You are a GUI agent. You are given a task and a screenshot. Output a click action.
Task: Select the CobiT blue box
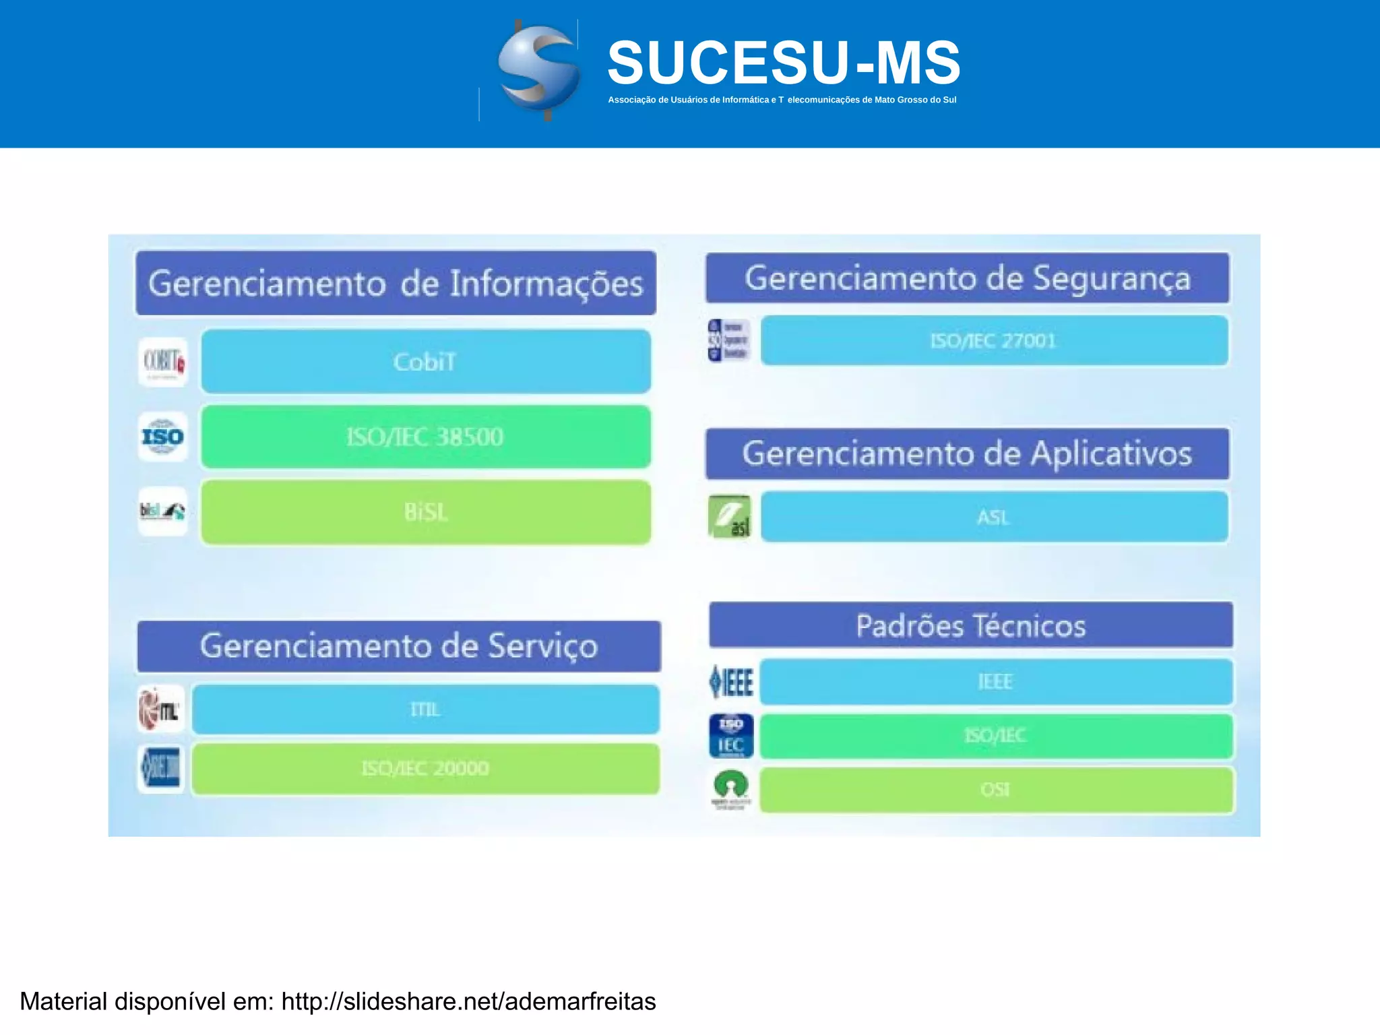tap(426, 362)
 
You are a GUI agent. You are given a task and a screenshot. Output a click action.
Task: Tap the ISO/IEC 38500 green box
tap(426, 437)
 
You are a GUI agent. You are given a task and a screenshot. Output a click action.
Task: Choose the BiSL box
tap(426, 512)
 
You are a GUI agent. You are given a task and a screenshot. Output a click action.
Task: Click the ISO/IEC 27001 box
tap(994, 341)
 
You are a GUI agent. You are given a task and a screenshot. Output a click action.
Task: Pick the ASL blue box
tap(994, 517)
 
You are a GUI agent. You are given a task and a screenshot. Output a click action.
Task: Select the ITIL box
tap(425, 710)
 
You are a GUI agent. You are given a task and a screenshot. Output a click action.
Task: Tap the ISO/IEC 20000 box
tap(425, 768)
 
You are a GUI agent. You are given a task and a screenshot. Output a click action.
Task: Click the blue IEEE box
tap(996, 682)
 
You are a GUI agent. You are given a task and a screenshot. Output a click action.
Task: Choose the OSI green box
tap(996, 789)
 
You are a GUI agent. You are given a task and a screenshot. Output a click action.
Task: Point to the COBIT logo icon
tap(163, 363)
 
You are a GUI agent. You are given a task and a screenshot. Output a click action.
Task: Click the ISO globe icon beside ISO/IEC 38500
tap(163, 437)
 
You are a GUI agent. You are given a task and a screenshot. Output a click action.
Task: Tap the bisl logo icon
tap(163, 511)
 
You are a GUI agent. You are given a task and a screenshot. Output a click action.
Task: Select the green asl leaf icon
tap(730, 517)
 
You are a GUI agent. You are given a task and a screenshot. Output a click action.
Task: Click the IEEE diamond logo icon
tap(731, 682)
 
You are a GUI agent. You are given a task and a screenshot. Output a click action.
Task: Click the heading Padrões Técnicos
tap(971, 625)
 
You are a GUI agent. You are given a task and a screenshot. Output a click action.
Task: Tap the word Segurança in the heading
tap(1112, 278)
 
